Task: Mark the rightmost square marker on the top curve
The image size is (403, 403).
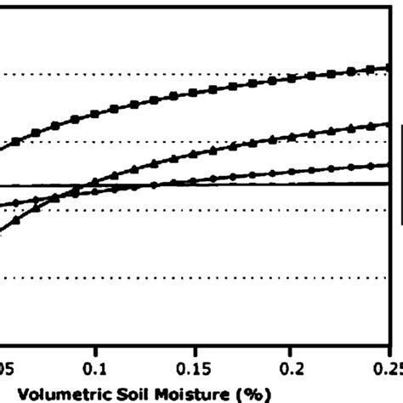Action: click(387, 67)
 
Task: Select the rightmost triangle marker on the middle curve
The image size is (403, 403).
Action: click(387, 125)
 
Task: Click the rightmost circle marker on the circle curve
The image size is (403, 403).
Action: click(387, 165)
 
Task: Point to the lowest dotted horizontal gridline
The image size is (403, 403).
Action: click(196, 276)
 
